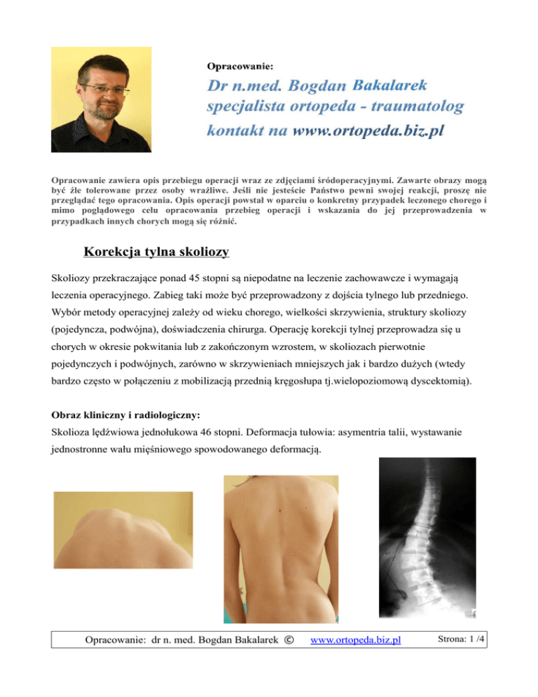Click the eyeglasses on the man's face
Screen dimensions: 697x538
105,90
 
